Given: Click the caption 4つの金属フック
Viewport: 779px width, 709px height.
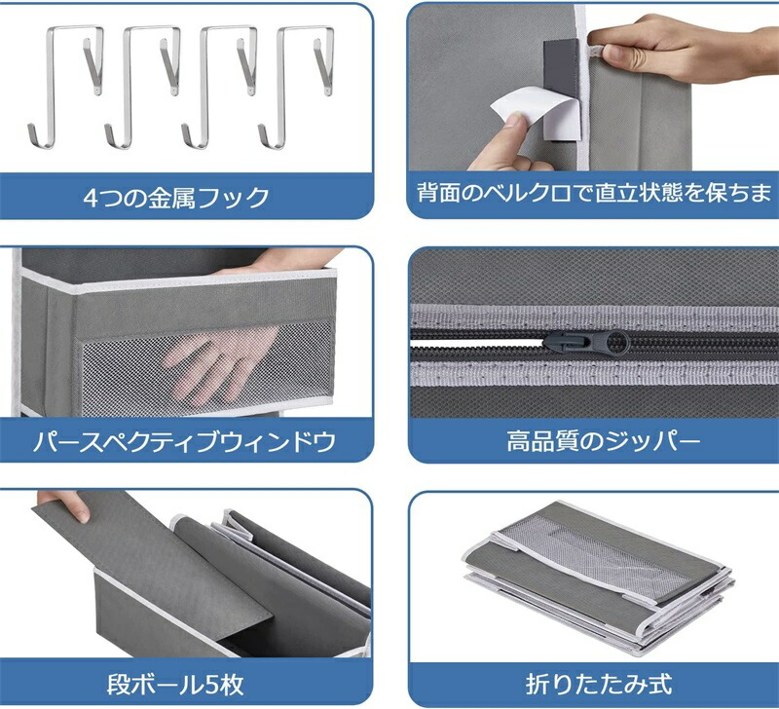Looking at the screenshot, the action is pos(176,198).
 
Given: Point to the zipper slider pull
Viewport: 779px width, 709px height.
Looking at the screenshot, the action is pos(585,343).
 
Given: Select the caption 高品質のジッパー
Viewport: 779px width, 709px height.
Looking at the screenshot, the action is pos(603,441).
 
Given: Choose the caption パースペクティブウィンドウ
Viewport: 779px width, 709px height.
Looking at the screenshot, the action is pos(184,442).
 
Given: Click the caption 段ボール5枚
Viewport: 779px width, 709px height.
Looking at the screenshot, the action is pos(175,684).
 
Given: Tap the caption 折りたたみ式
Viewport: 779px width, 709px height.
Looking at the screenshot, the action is pos(599,684).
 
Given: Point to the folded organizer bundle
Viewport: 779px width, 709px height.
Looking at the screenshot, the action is pos(599,577).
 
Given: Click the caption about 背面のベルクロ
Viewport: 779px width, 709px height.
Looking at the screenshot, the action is pos(595,192).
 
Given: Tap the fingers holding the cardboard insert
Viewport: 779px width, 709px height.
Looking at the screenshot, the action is pos(64,505).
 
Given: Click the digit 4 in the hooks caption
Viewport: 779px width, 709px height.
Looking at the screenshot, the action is pos(91,199).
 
